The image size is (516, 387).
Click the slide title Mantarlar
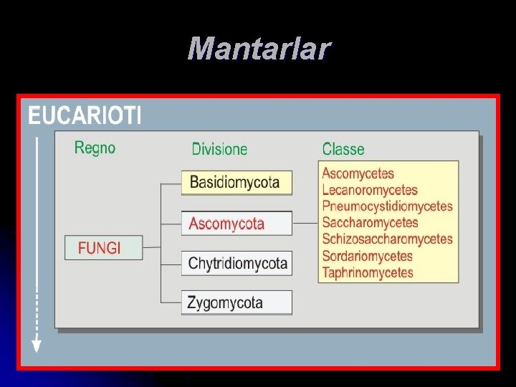point(259,49)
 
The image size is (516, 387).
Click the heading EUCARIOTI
point(85,115)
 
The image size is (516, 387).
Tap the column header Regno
point(95,148)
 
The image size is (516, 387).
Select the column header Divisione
point(219,149)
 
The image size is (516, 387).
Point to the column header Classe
point(343,149)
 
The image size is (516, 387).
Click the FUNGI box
point(103,248)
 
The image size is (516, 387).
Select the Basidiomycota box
point(236,183)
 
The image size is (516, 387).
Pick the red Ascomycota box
point(236,224)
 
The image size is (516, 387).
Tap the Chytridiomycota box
point(236,263)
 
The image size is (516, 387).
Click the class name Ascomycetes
point(358,173)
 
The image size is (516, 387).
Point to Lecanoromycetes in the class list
point(370,190)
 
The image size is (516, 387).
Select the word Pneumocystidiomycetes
point(387,206)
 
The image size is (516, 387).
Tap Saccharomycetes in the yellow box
point(370,223)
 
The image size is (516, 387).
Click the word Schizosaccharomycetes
point(387,239)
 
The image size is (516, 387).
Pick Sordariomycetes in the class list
point(368,256)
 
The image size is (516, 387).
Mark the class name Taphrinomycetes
point(368,272)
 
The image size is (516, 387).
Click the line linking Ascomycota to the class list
point(305,223)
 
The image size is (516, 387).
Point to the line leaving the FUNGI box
point(152,247)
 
